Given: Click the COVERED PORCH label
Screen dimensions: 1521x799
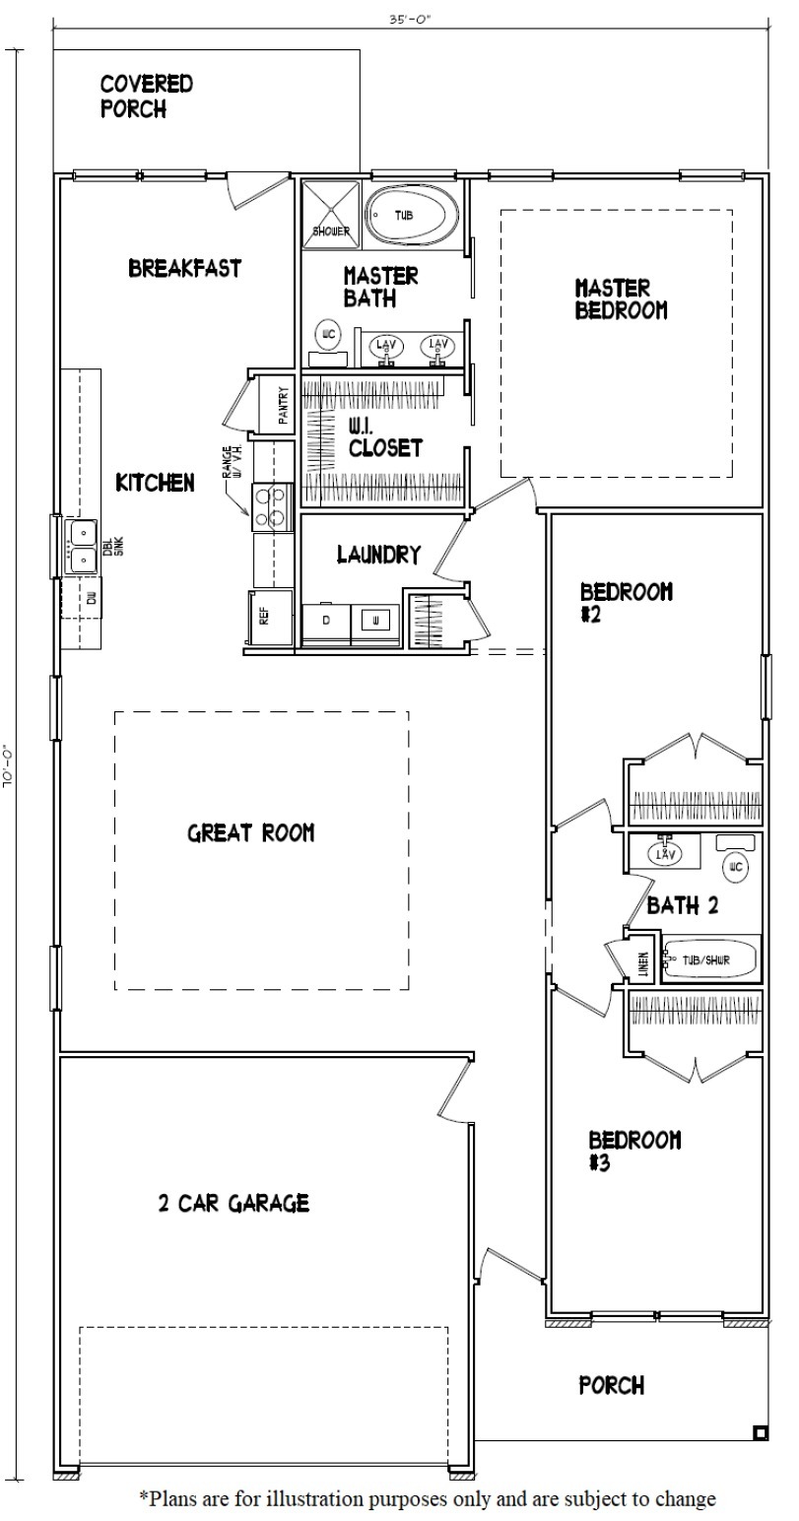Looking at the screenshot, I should (147, 97).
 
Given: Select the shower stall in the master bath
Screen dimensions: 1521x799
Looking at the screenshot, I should (331, 214).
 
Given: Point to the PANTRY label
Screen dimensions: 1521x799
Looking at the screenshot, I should (283, 404).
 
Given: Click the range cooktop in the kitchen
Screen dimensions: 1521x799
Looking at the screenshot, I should (273, 505).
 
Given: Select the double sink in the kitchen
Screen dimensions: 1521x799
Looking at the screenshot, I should (82, 546).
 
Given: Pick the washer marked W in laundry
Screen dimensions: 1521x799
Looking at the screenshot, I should (376, 621).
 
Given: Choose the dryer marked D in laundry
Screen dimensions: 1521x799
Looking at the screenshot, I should (326, 621).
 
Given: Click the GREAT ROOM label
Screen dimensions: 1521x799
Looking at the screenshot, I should (251, 833).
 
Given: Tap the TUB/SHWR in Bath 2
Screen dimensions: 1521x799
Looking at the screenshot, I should (709, 959).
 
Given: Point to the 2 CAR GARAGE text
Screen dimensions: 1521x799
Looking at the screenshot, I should (233, 1203).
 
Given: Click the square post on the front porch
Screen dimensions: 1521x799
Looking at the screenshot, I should (760, 1432).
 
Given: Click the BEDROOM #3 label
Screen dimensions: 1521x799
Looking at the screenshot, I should (634, 1151).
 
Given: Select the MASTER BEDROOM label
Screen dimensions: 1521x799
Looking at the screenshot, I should (621, 299).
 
